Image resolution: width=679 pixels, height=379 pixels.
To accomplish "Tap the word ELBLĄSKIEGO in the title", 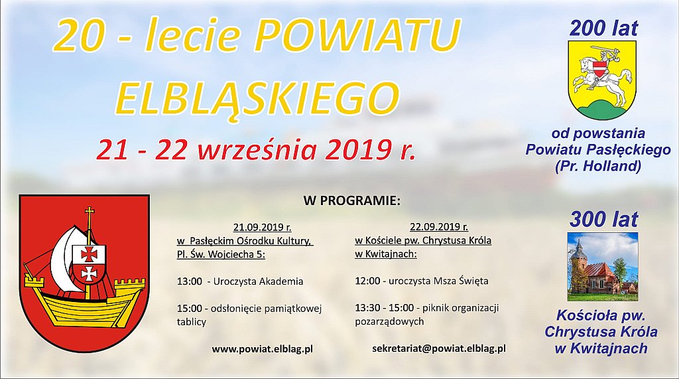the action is [257, 98].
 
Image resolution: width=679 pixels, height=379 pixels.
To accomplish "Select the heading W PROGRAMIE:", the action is [352, 200].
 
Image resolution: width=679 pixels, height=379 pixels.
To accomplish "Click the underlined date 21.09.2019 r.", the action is [262, 227].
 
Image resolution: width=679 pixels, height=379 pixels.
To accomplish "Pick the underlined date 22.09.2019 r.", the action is [439, 226].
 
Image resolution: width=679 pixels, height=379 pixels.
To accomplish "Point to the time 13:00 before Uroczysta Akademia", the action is [189, 281].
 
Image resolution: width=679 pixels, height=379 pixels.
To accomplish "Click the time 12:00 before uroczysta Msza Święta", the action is [367, 281].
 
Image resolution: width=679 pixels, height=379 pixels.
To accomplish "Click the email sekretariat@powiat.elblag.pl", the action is [439, 348].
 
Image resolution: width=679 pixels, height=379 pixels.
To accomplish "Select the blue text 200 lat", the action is [603, 29].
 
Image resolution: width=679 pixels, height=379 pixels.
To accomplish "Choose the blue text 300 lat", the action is [603, 220].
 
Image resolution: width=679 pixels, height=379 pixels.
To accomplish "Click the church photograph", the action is [602, 267].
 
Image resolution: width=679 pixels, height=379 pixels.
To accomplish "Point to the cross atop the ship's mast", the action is [90, 214].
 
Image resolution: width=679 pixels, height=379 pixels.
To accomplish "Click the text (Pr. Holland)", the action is [598, 166].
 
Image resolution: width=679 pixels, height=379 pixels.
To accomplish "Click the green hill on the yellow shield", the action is [602, 110].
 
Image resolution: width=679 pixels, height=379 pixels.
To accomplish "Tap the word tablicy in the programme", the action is [192, 322].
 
